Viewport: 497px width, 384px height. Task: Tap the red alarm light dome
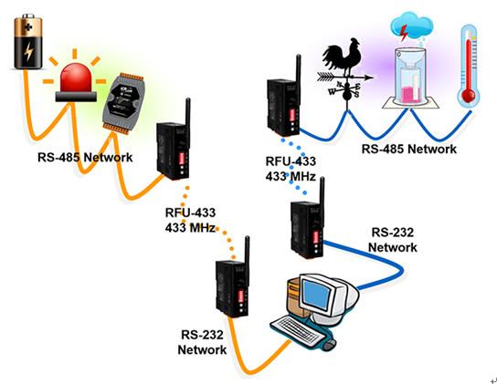[76, 78]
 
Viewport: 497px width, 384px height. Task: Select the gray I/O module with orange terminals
[122, 103]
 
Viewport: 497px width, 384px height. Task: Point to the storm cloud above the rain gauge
[411, 26]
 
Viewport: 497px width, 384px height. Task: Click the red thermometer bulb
[468, 95]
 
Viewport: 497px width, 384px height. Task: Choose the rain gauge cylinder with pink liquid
[409, 77]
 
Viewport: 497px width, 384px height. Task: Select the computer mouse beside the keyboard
[330, 344]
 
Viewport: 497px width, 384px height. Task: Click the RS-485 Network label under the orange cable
[85, 157]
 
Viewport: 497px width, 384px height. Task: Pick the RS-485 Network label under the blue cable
[409, 149]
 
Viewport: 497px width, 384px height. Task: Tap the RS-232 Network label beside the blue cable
[393, 240]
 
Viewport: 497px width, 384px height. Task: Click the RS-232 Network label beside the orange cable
[202, 342]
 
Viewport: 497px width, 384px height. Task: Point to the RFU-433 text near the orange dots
[190, 213]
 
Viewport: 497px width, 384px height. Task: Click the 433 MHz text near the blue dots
[291, 176]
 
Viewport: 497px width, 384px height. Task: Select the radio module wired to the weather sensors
[284, 96]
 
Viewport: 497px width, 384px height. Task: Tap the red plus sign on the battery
[28, 27]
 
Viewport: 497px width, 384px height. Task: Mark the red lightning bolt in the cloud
[404, 33]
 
